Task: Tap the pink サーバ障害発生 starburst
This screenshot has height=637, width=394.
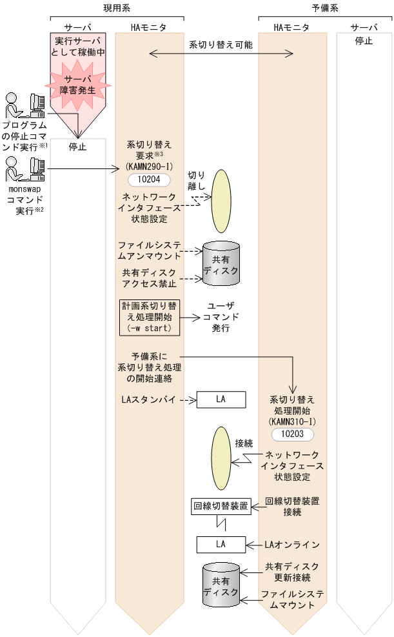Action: pyautogui.click(x=77, y=85)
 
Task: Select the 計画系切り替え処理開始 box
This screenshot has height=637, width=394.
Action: pyautogui.click(x=149, y=317)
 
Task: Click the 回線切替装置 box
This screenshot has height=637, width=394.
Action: pyautogui.click(x=221, y=507)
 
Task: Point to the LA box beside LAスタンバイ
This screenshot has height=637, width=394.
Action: pyautogui.click(x=221, y=400)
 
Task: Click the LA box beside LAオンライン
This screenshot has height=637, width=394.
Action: pyautogui.click(x=221, y=544)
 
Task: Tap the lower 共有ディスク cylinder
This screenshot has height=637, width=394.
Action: pyautogui.click(x=221, y=585)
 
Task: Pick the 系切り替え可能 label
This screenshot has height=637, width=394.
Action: pyautogui.click(x=221, y=46)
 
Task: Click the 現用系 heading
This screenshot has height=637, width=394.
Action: pyautogui.click(x=117, y=8)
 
